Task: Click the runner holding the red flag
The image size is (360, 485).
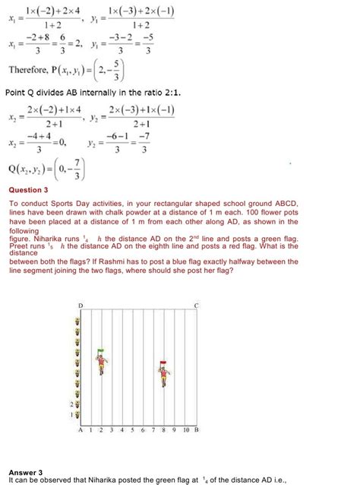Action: pos(163,375)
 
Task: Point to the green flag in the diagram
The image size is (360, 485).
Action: pos(99,353)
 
